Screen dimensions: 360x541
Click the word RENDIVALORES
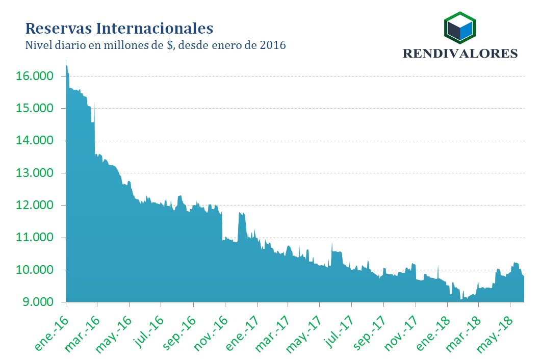pyautogui.click(x=460, y=54)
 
